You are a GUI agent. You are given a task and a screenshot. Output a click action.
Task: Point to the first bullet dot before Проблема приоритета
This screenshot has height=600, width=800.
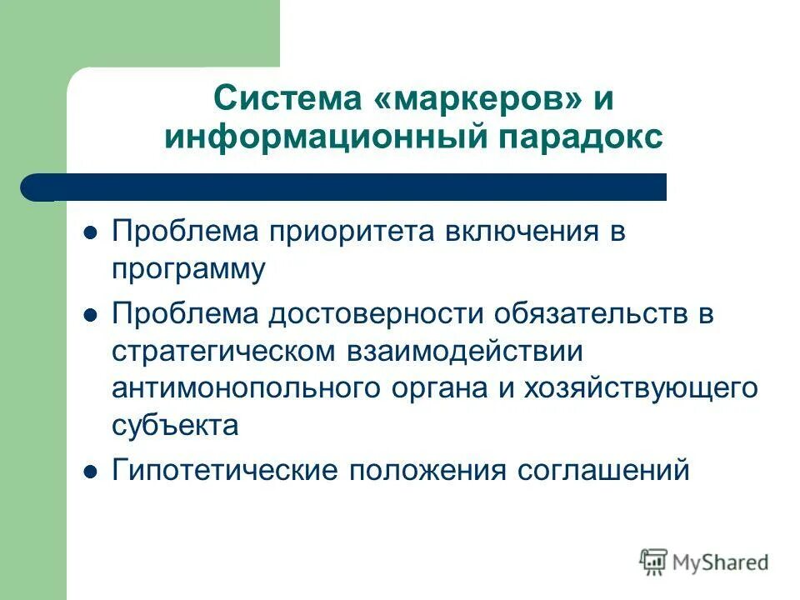(x=92, y=232)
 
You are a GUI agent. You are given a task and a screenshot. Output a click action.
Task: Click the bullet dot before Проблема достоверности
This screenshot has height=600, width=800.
(x=92, y=316)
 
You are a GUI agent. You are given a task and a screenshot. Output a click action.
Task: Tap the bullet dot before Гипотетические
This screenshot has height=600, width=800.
(x=92, y=472)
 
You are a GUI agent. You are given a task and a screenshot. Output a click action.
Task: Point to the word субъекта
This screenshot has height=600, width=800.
(x=175, y=426)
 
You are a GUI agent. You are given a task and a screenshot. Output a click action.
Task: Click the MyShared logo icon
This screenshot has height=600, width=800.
(x=654, y=562)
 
